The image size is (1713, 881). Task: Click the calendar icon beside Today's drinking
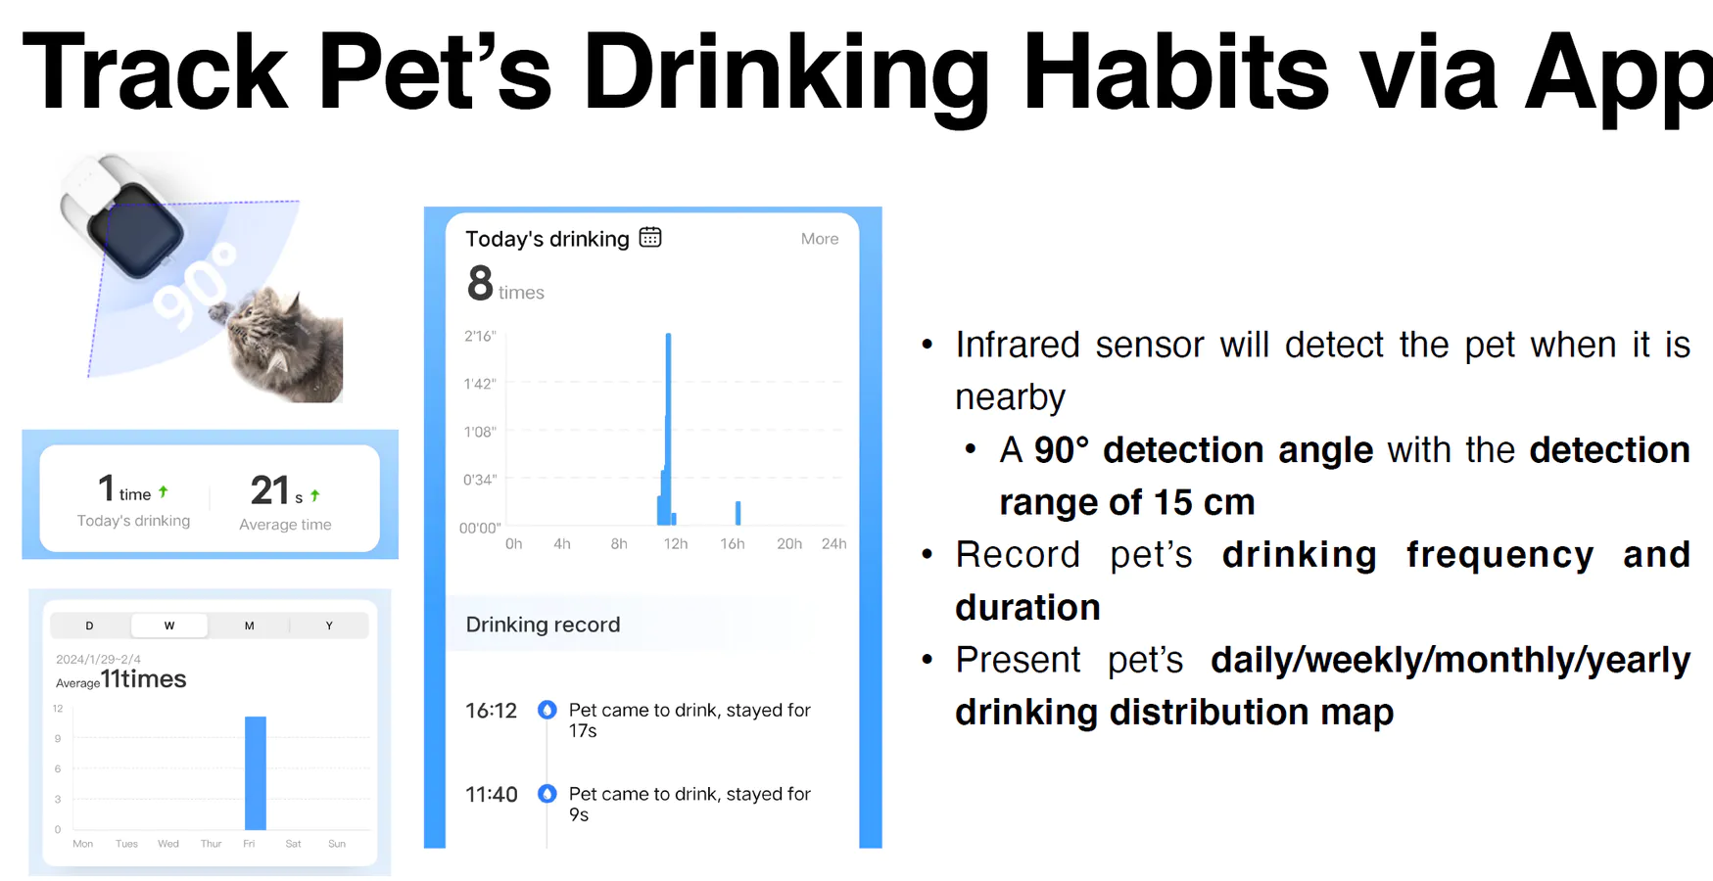[x=650, y=237]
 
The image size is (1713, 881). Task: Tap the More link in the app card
[x=820, y=239]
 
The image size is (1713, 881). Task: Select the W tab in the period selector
[x=169, y=626]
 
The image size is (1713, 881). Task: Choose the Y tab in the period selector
[x=329, y=626]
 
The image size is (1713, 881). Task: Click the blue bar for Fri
[x=256, y=773]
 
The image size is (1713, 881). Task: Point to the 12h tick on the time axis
[x=675, y=544]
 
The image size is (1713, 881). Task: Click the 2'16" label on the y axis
[x=480, y=337]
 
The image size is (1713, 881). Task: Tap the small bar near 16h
[x=738, y=513]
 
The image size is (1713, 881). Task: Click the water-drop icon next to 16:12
[x=547, y=710]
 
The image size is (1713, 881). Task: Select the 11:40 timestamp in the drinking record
[x=492, y=795]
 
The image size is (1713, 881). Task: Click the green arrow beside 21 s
[x=314, y=495]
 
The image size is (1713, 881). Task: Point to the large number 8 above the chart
[x=480, y=284]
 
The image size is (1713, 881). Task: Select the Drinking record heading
[x=543, y=625]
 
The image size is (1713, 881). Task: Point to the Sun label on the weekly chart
[x=337, y=844]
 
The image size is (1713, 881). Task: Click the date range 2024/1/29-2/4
[x=98, y=659]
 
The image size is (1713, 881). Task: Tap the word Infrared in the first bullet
[x=1018, y=345]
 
